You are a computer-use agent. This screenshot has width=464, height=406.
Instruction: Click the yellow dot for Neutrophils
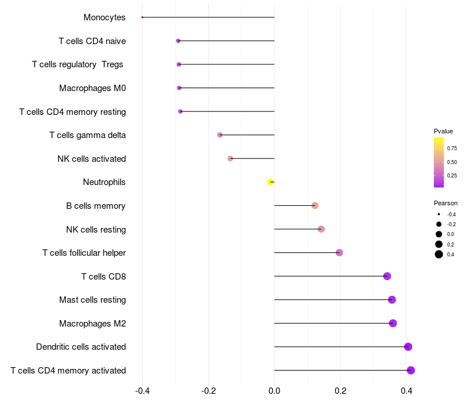coord(270,182)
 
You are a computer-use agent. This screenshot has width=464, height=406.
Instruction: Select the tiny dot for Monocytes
coord(142,17)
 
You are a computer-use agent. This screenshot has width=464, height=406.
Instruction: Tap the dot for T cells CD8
coord(387,276)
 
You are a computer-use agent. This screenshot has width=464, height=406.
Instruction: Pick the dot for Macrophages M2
coord(393,323)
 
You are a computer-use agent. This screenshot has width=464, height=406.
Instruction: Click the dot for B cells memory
coord(315,205)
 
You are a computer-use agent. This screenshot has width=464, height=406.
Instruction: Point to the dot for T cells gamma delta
coord(220,135)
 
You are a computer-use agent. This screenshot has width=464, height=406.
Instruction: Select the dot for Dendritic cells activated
coord(408,347)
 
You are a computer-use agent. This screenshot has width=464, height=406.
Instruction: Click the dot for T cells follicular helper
coord(339,252)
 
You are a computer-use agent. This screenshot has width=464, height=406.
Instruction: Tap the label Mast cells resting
coord(92,300)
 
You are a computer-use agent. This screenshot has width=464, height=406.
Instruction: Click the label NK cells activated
coord(92,158)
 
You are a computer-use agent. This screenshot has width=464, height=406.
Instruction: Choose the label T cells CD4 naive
coord(92,41)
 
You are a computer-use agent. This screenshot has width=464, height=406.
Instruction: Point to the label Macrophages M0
coord(92,88)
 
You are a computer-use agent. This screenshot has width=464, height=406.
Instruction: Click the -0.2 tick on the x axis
coord(208,391)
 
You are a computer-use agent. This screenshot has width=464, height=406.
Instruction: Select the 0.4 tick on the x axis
coord(407,391)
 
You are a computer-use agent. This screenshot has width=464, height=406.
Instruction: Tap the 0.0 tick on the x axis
coord(274,391)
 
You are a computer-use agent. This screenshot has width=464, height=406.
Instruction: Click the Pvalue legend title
coord(443,131)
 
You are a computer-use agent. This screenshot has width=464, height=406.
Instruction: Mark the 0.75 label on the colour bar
coord(452,148)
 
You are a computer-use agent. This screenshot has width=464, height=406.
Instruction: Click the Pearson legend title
coord(445,203)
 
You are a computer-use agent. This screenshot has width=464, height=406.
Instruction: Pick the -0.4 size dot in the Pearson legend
coord(439,214)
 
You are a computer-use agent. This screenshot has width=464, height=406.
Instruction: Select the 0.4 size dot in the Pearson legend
coord(439,254)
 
